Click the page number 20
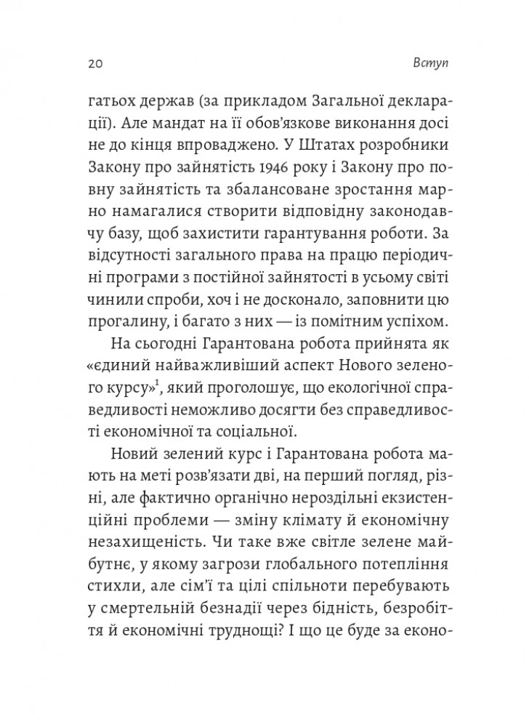(89, 63)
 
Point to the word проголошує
(257, 352)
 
